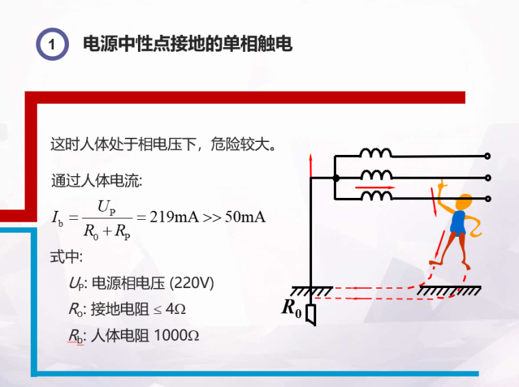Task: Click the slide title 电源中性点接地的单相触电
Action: pyautogui.click(x=187, y=44)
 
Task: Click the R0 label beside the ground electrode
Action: pyautogui.click(x=292, y=309)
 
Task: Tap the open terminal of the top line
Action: pyautogui.click(x=488, y=156)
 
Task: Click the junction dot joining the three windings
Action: pyautogui.click(x=335, y=177)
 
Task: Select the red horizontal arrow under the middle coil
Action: pyautogui.click(x=375, y=186)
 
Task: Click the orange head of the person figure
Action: pyautogui.click(x=466, y=202)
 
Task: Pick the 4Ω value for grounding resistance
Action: pyautogui.click(x=176, y=309)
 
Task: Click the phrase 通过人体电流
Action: pyautogui.click(x=96, y=182)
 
